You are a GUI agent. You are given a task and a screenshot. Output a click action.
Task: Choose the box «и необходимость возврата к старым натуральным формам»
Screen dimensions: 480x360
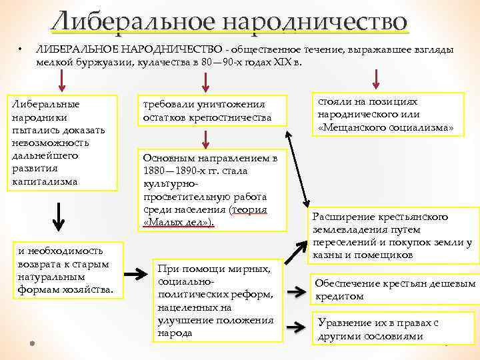pyautogui.click(x=67, y=270)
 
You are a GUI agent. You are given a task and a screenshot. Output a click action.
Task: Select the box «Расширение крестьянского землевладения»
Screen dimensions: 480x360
pyautogui.click(x=394, y=236)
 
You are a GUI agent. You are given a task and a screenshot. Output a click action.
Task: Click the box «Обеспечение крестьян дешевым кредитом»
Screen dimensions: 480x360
pyautogui.click(x=395, y=289)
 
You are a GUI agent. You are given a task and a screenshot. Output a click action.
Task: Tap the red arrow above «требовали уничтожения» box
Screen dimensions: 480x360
pyautogui.click(x=206, y=82)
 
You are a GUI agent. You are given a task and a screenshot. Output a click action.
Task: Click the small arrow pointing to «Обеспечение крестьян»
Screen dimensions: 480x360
pyautogui.click(x=296, y=291)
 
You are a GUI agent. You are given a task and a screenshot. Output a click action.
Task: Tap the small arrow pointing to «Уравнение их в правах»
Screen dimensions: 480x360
pyautogui.click(x=296, y=327)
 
